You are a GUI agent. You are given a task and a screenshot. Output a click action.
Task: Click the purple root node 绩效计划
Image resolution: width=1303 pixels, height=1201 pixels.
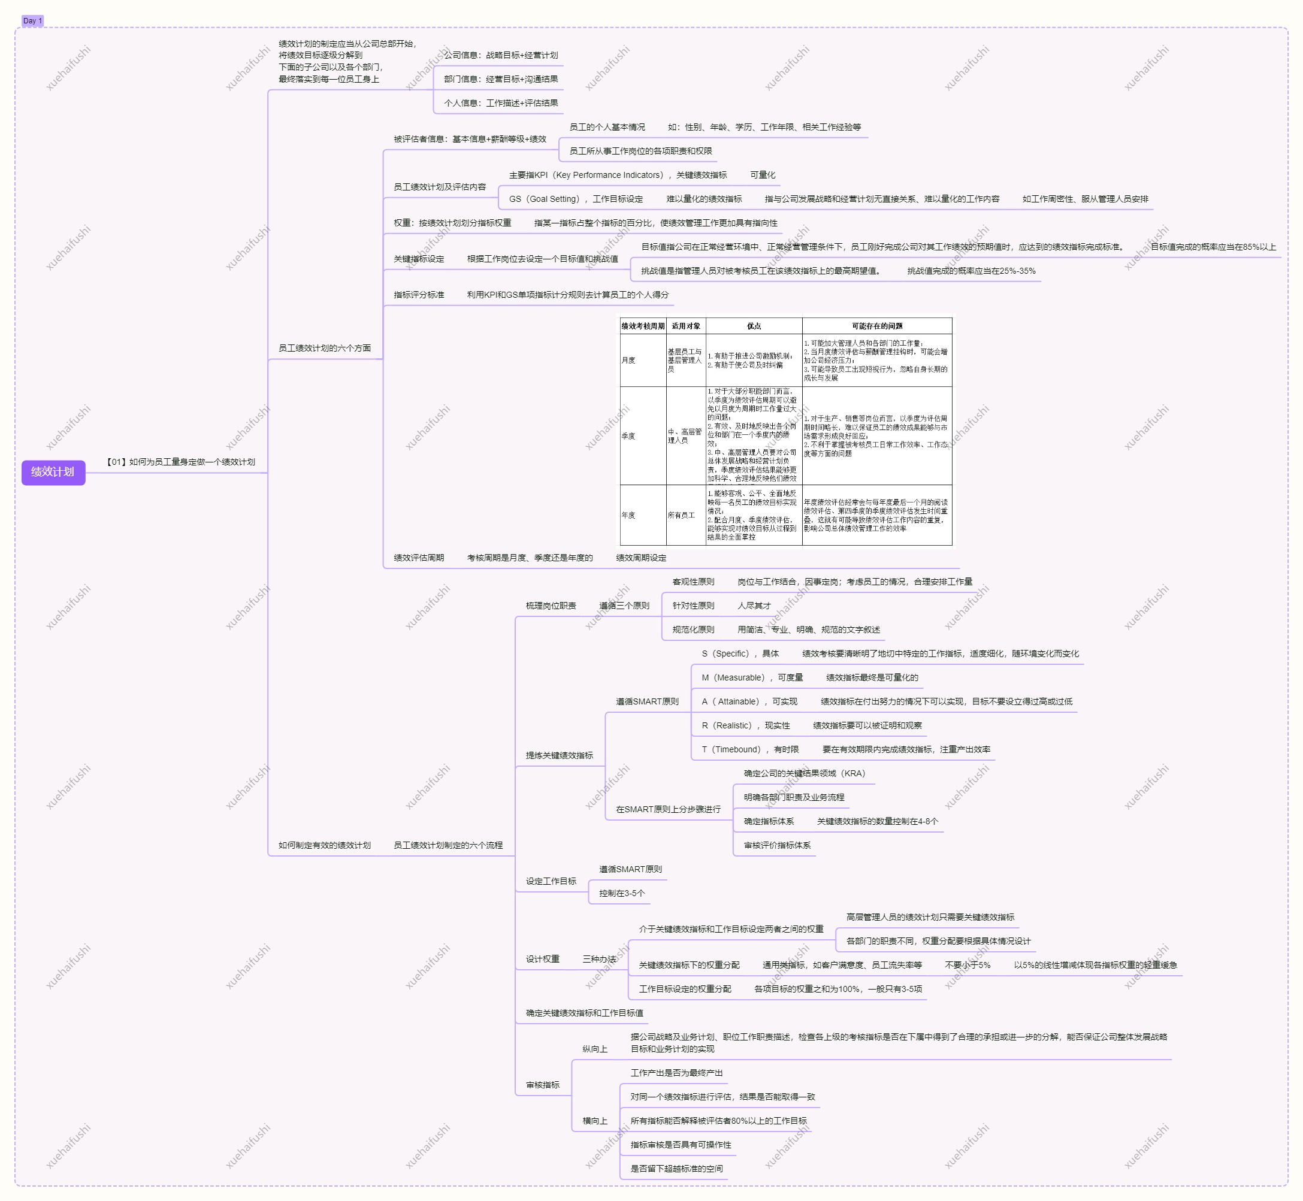coord(53,472)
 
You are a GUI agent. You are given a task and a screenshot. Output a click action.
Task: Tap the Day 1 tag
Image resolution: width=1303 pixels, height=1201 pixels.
coord(32,21)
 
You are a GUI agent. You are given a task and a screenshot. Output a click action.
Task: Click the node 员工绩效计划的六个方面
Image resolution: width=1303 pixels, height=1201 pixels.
coord(324,349)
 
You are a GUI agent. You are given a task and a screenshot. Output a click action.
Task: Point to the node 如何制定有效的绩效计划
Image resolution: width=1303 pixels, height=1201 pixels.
coord(324,846)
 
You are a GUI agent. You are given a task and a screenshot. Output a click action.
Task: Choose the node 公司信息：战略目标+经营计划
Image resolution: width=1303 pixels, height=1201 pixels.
coord(500,55)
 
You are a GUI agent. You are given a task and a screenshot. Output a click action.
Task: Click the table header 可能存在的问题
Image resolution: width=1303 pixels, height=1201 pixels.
coord(876,326)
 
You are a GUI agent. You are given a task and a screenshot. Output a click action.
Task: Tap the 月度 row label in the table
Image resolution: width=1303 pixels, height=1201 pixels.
coord(628,360)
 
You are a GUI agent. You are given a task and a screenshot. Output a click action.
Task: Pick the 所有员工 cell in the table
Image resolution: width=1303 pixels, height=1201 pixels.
coord(681,515)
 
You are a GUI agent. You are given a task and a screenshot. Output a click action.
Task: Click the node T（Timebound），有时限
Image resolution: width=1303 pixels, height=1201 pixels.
coord(750,749)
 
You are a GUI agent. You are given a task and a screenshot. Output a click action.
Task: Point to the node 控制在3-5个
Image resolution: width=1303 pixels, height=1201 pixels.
coord(622,894)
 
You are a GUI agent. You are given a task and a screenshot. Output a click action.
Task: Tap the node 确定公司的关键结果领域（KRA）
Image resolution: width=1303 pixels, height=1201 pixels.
coord(804,773)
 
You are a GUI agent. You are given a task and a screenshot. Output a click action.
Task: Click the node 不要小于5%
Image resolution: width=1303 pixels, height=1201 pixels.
coord(968,965)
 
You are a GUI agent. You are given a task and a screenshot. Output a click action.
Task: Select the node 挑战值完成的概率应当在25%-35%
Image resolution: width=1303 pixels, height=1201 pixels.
coord(971,271)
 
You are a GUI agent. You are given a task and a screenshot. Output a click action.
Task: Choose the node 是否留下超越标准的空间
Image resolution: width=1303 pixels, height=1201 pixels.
coord(676,1169)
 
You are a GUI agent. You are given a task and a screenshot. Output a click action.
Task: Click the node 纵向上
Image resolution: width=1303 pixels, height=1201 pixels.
coord(595,1049)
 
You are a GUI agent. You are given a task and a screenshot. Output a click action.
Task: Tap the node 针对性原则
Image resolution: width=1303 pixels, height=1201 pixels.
coord(693,606)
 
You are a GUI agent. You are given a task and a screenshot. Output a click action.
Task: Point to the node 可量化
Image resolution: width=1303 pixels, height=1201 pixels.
coord(762,175)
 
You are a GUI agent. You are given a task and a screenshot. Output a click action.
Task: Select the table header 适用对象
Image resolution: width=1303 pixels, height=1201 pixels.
coord(685,326)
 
